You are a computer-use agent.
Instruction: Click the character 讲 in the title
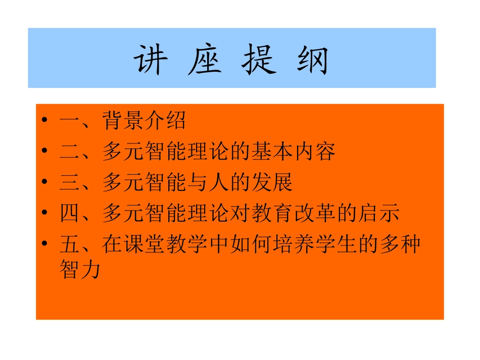[x=150, y=61]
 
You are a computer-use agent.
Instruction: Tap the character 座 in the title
[x=205, y=61]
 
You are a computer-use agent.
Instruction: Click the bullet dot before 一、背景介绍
[x=45, y=121]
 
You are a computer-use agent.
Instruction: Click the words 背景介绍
[x=144, y=121]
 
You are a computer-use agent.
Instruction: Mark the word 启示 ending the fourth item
[x=389, y=214]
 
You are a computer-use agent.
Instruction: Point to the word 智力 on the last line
[x=80, y=271]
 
